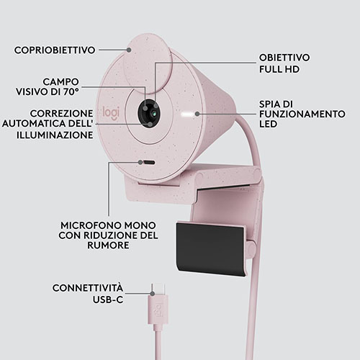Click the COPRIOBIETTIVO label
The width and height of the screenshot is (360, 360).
55,50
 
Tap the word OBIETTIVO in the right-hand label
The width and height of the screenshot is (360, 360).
284,58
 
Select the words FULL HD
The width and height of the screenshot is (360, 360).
279,69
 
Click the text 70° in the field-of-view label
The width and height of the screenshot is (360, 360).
71,91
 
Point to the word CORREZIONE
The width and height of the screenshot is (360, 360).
62,113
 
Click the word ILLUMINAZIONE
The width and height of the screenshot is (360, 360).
55,135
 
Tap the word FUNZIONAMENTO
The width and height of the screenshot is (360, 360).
302,114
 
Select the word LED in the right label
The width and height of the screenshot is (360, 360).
268,124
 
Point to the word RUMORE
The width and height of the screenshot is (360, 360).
108,246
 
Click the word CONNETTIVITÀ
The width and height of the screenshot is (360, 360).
88,288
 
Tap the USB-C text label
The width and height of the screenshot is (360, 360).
108,300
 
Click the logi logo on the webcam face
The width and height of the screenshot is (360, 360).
111,113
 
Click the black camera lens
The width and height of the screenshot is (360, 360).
149,113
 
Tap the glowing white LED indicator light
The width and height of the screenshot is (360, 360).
188,114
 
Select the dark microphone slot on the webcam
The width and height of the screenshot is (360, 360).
149,163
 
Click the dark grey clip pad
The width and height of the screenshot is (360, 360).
211,249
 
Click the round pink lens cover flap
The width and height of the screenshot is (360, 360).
148,63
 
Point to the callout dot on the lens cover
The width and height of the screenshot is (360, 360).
129,50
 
